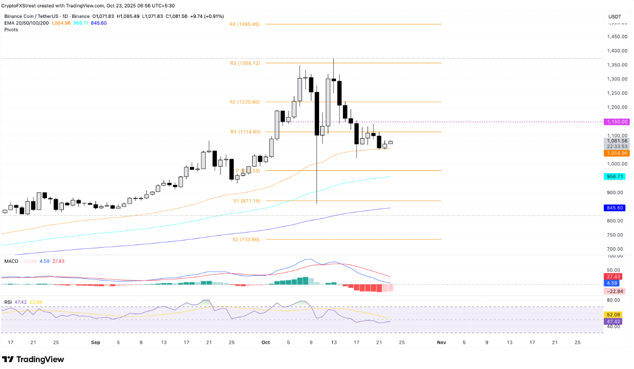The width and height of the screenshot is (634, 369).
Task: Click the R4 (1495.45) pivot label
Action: pyautogui.click(x=245, y=24)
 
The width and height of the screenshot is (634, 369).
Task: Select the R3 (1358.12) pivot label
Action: pyautogui.click(x=245, y=63)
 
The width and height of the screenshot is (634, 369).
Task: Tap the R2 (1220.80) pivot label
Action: pyautogui.click(x=245, y=102)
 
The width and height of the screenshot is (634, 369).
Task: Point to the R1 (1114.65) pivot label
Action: pyautogui.click(x=245, y=132)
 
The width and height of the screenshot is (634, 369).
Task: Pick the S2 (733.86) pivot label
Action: pyautogui.click(x=246, y=239)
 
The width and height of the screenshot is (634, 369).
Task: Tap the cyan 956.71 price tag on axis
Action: pyautogui.click(x=616, y=177)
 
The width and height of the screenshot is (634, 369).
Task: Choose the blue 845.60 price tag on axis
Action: pyautogui.click(x=616, y=208)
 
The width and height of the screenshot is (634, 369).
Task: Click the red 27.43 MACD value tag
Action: pyautogui.click(x=614, y=276)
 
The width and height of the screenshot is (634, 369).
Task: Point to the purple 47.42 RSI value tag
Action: pyautogui.click(x=614, y=321)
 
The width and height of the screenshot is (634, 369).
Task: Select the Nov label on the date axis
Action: pyautogui.click(x=441, y=342)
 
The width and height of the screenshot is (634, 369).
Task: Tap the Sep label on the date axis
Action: pyautogui.click(x=95, y=342)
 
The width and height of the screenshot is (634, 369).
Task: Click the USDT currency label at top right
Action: pyautogui.click(x=614, y=17)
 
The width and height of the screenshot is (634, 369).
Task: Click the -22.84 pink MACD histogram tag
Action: pyautogui.click(x=614, y=291)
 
